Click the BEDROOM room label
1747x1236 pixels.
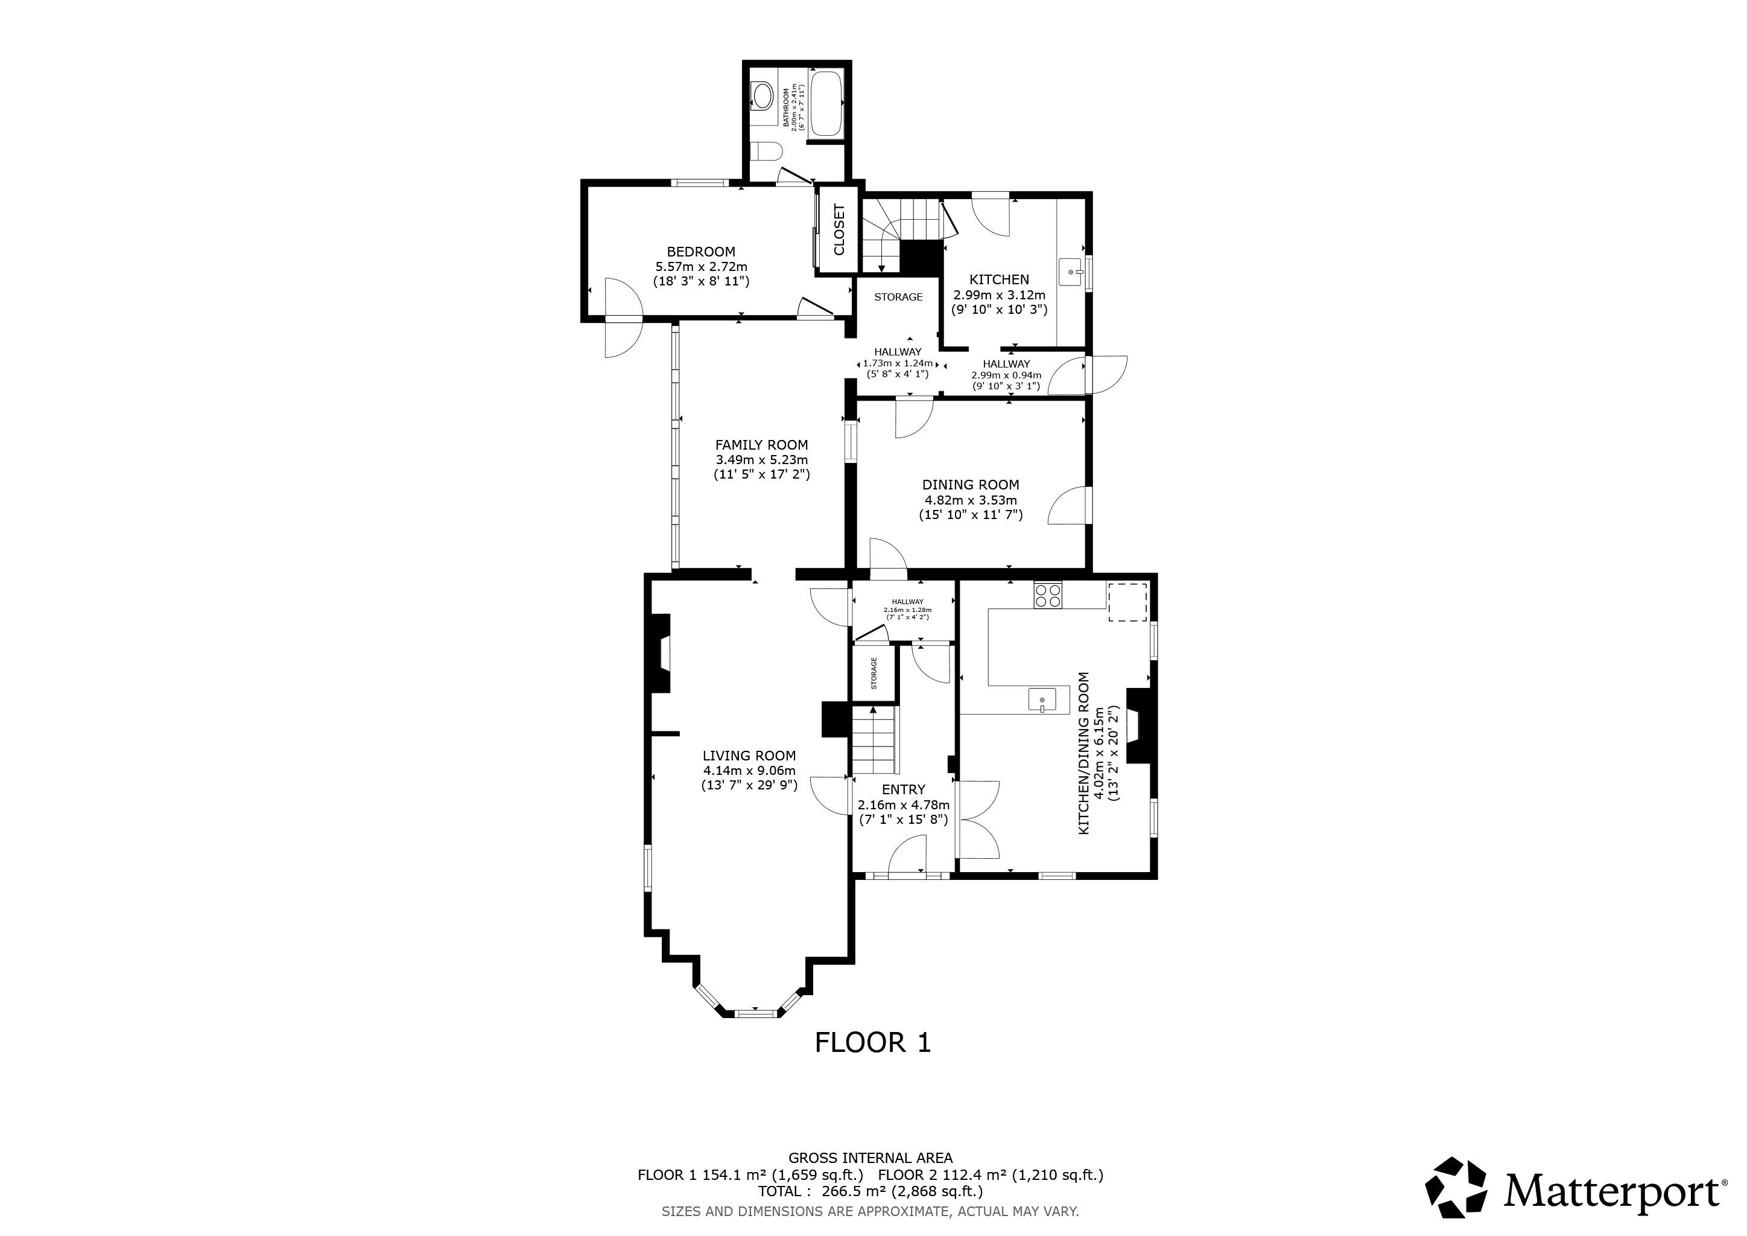(x=701, y=252)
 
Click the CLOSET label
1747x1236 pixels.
(x=839, y=229)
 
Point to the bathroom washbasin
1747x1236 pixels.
(x=763, y=96)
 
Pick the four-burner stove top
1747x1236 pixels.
(x=1048, y=594)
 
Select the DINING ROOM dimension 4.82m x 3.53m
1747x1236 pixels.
(x=970, y=500)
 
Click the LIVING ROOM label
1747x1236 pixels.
(x=749, y=756)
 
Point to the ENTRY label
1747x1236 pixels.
(x=903, y=790)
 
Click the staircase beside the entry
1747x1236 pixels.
(x=875, y=740)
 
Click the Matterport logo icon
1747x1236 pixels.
(x=1456, y=1187)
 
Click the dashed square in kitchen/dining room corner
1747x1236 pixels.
(x=1127, y=602)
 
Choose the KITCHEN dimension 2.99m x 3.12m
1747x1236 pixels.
(x=999, y=295)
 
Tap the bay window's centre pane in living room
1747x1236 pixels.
(x=758, y=1013)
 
